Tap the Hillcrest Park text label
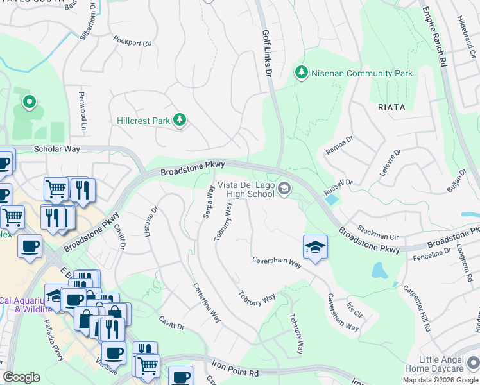[x=144, y=120]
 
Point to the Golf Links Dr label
[x=266, y=54]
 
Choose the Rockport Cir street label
[x=132, y=42]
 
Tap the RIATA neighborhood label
[x=391, y=107]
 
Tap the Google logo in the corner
[x=22, y=377]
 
